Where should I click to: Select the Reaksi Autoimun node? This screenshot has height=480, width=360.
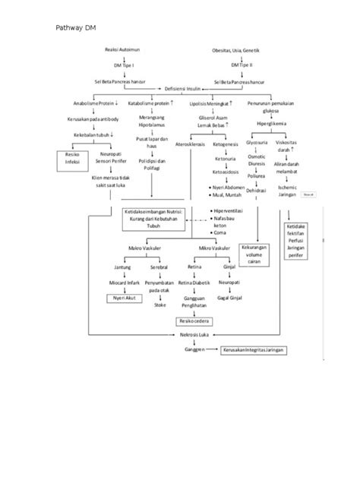pyautogui.click(x=122, y=49)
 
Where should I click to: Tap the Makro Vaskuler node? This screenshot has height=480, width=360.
pyautogui.click(x=143, y=248)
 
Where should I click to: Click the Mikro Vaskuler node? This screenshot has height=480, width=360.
pyautogui.click(x=215, y=248)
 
